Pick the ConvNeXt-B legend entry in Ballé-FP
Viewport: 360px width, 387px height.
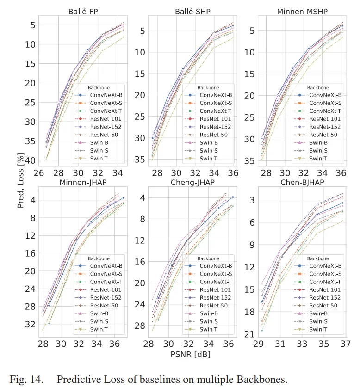[x=99, y=94]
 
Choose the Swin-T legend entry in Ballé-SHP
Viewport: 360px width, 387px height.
[x=209, y=159]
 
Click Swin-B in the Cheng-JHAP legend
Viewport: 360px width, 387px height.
[x=209, y=313]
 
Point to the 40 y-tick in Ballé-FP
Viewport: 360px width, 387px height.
[x=30, y=160]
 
